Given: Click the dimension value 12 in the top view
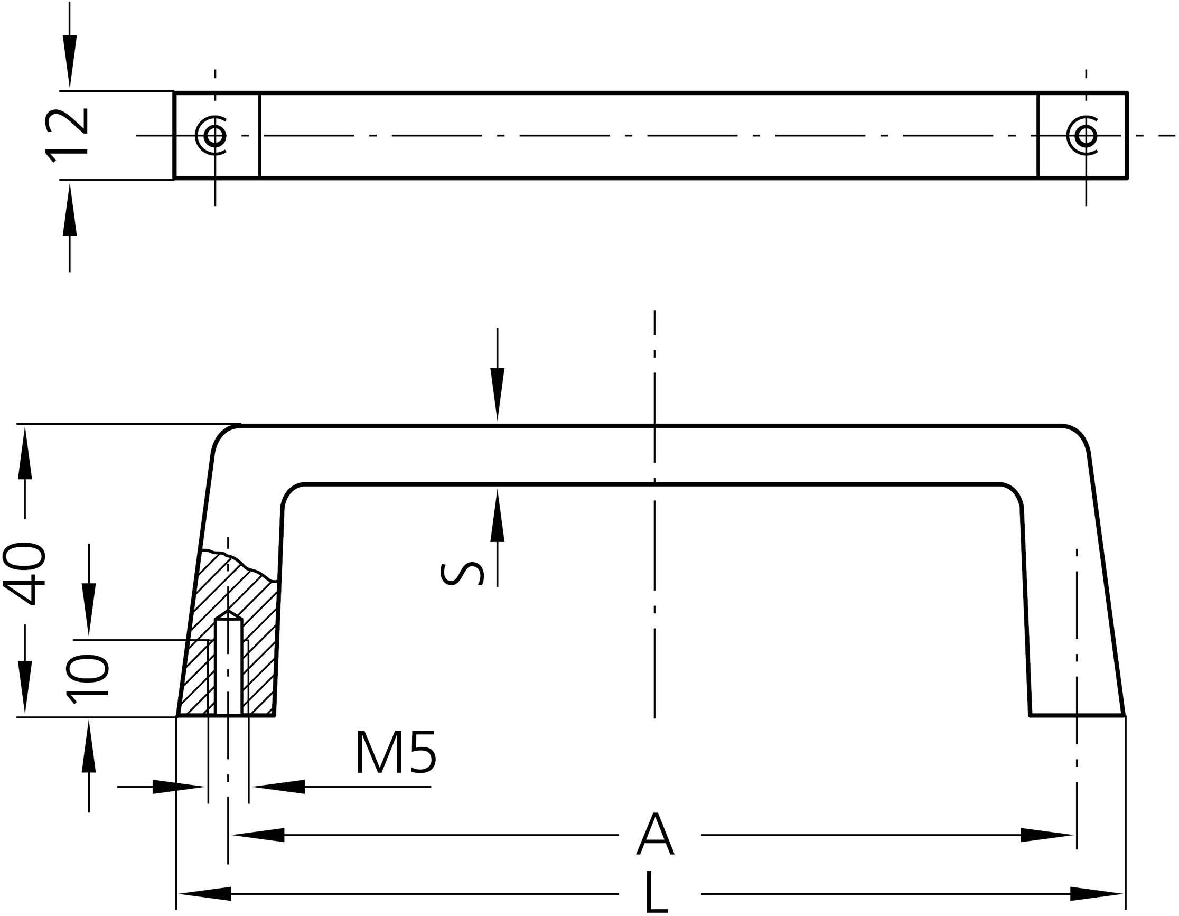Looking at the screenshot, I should [x=68, y=135].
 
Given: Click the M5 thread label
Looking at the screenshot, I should [x=396, y=753].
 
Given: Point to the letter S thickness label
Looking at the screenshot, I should [x=462, y=574].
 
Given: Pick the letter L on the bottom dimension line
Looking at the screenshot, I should [x=656, y=894].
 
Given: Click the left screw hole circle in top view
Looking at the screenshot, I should [x=214, y=135].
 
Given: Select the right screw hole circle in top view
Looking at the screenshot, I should [x=1086, y=135].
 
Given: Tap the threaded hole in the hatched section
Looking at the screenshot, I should [x=228, y=667].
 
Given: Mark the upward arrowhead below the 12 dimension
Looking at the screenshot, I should [x=70, y=211].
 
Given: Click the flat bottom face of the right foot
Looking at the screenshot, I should [x=1078, y=716].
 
